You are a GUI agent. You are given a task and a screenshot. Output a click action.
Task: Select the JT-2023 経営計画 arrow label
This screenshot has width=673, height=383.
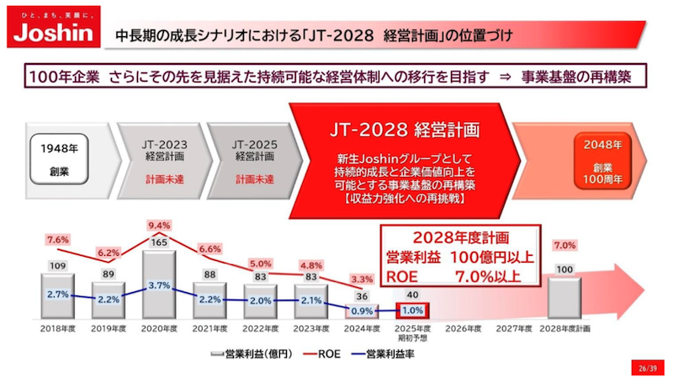point(166,150)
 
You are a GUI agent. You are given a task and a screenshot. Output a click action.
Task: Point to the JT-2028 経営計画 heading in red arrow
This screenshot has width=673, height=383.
point(403,130)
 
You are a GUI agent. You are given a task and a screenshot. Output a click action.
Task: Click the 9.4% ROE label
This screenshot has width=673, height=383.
point(159,226)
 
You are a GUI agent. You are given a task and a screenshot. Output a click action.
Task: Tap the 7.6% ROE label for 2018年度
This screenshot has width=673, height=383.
point(58,240)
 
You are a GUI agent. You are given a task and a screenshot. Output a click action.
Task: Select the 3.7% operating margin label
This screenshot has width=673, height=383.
point(159,285)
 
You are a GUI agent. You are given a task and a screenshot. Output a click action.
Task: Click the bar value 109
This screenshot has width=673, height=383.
point(58,267)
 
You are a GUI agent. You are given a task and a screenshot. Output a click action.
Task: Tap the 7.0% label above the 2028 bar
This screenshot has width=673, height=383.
point(564,246)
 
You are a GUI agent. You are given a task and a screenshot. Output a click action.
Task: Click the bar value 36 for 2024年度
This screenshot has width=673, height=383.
point(362,295)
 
